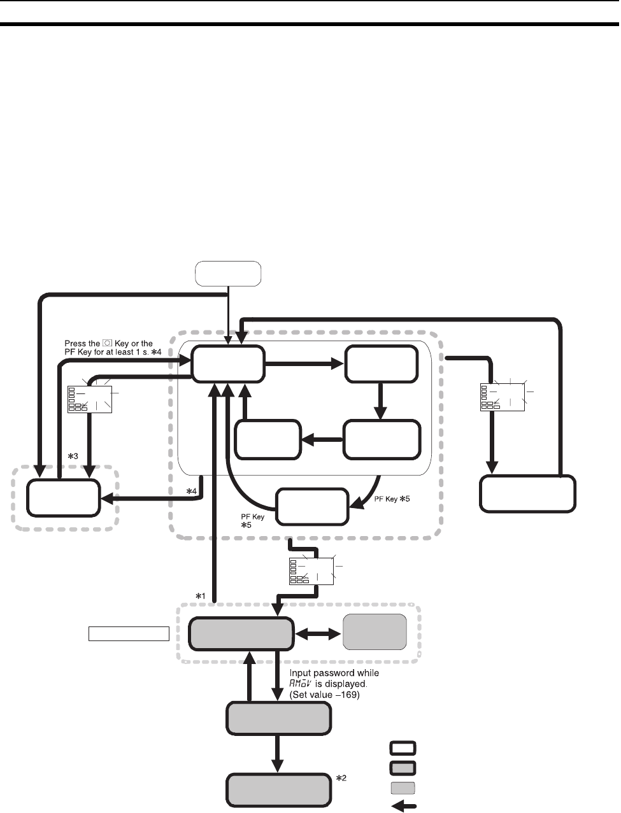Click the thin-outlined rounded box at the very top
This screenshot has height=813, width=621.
pyautogui.click(x=228, y=273)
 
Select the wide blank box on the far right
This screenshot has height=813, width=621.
pyautogui.click(x=528, y=493)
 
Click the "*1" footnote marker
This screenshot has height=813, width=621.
pyautogui.click(x=200, y=595)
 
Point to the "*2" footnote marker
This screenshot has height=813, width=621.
pyautogui.click(x=341, y=779)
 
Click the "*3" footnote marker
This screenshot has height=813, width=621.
pyautogui.click(x=73, y=456)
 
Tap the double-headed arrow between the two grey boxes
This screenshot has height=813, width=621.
pyautogui.click(x=318, y=633)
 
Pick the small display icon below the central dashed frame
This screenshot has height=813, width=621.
pyautogui.click(x=311, y=570)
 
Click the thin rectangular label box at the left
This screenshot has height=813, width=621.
pyautogui.click(x=128, y=633)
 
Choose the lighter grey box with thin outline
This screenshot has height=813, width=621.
pyautogui.click(x=375, y=632)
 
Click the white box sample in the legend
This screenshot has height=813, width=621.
pyautogui.click(x=403, y=747)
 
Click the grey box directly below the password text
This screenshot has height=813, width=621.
pyautogui.click(x=279, y=719)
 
